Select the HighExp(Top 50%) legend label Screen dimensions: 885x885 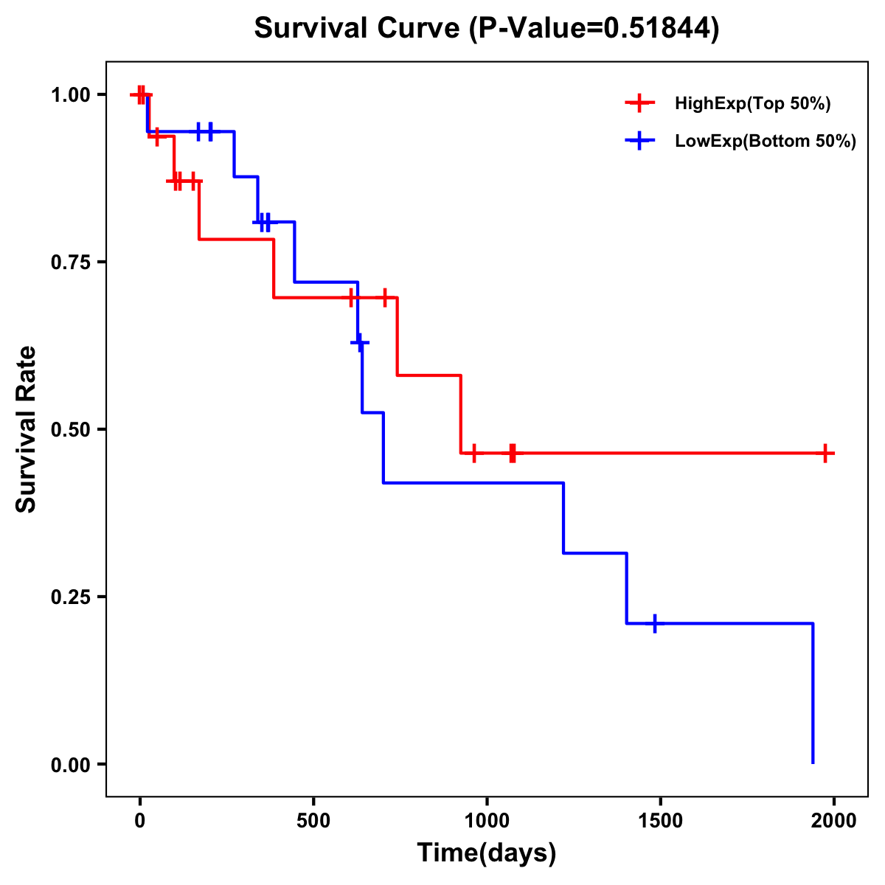coord(752,104)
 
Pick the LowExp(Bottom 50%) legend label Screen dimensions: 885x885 coord(766,142)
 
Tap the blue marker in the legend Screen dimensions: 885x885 coord(639,141)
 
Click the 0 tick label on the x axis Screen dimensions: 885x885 coord(139,822)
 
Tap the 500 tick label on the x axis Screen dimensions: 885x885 coord(313,822)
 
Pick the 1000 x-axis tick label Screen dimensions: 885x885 coord(487,822)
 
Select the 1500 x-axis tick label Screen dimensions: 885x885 coord(660,822)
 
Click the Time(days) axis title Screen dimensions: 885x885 coord(487,853)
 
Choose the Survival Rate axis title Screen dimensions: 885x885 coord(27,429)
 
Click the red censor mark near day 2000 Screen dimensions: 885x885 coord(826,454)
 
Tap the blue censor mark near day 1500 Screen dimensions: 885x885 coord(654,623)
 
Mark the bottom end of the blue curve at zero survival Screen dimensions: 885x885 coord(813,763)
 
